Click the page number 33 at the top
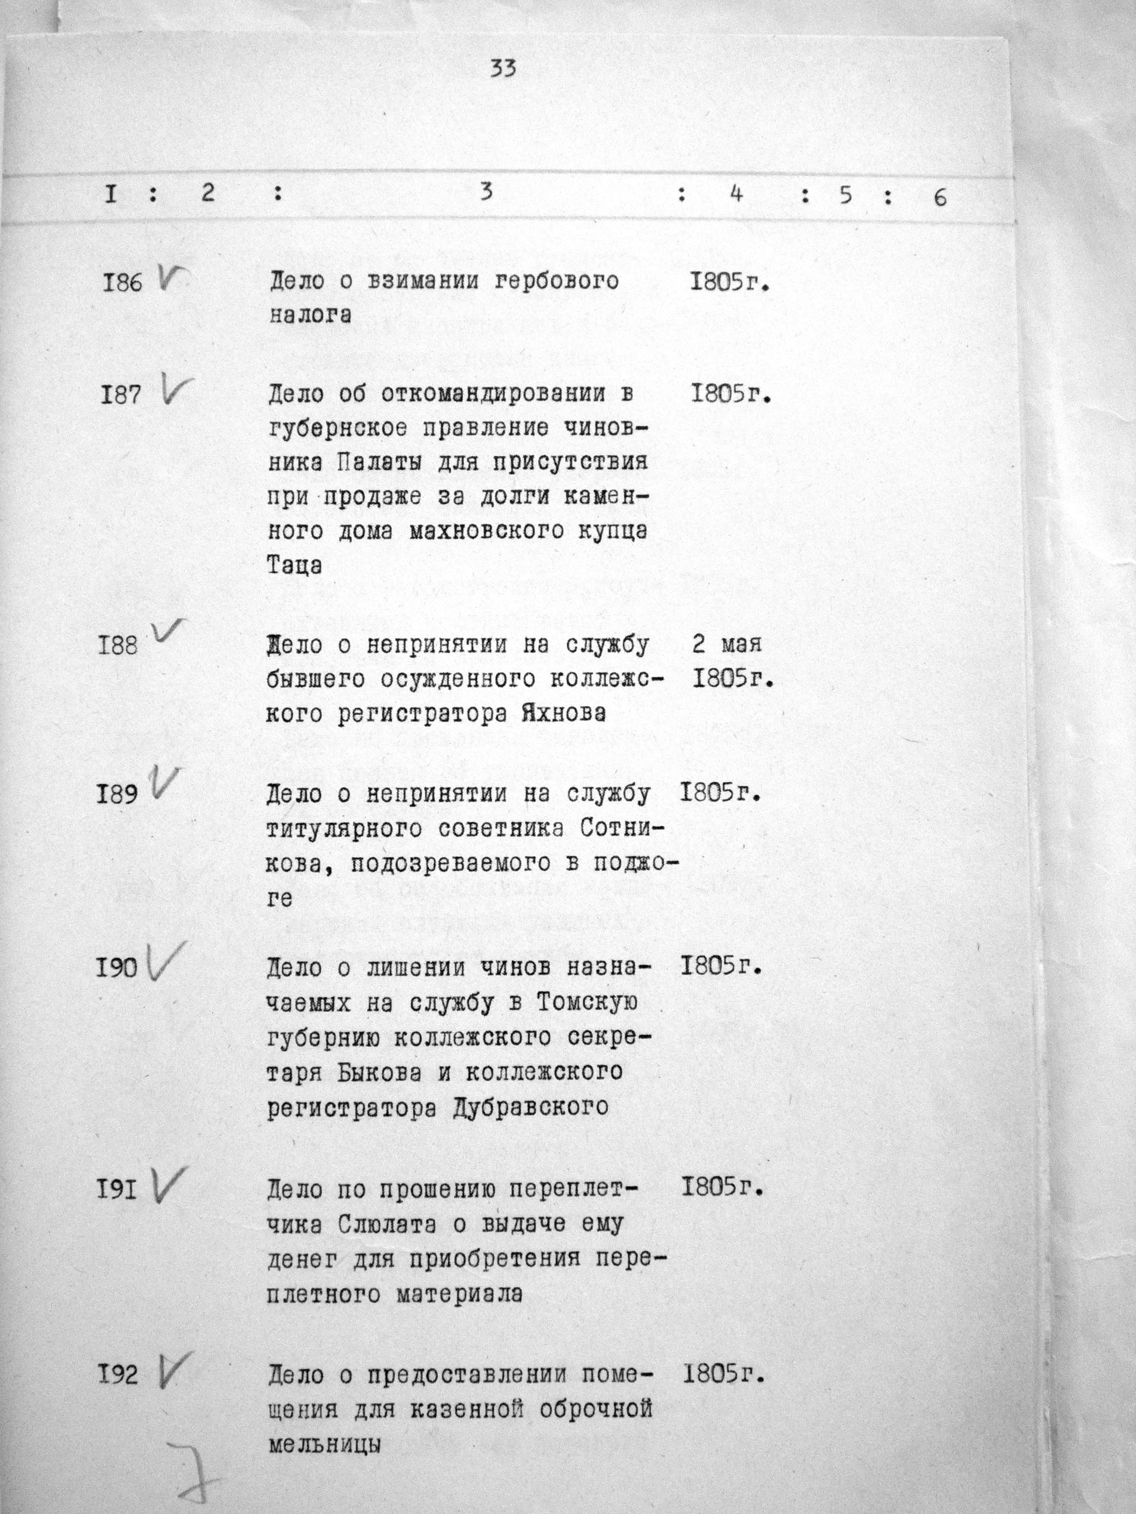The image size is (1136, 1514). coord(503,69)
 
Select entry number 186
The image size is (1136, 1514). coord(122,283)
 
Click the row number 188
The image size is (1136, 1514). coord(118,645)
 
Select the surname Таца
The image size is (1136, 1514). coord(294,566)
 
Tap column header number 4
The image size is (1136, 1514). coord(736,195)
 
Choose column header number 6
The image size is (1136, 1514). coord(940,198)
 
